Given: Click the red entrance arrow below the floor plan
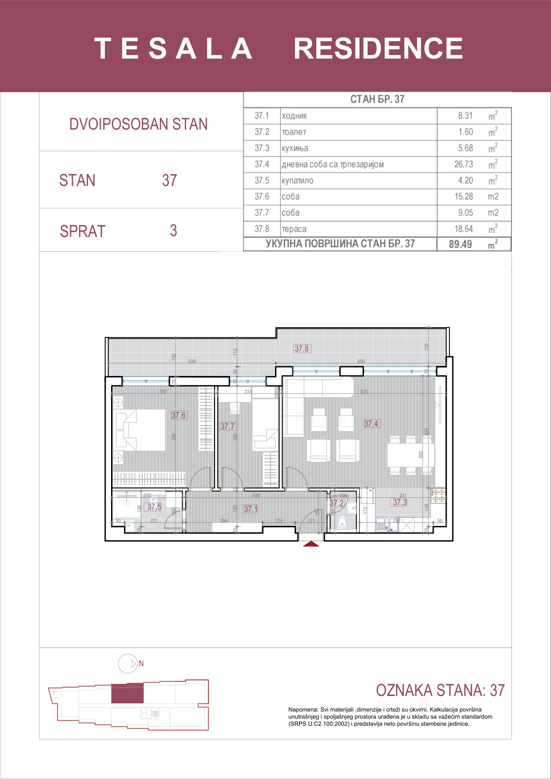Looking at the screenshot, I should click(311, 544).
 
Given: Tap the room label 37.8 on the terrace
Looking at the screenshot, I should click(302, 349).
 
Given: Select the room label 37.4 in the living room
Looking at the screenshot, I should click(371, 424).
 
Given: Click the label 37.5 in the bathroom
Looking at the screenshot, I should click(154, 507).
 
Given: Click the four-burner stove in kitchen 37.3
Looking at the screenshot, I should click(439, 496).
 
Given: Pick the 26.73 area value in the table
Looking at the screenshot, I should click(463, 164).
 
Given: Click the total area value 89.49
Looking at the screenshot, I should click(460, 244).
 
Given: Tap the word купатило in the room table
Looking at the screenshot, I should click(297, 181).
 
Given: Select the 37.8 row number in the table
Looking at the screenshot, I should click(262, 229).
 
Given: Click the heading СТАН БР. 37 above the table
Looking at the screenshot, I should click(377, 99).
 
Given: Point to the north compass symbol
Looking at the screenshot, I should click(128, 664).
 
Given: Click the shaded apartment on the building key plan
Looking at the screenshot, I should click(127, 693).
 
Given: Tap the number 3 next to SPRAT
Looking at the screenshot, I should click(173, 231).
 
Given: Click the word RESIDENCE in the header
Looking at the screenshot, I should click(378, 48).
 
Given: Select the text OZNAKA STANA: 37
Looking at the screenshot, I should click(440, 690).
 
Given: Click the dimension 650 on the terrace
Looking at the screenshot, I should click(361, 361).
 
